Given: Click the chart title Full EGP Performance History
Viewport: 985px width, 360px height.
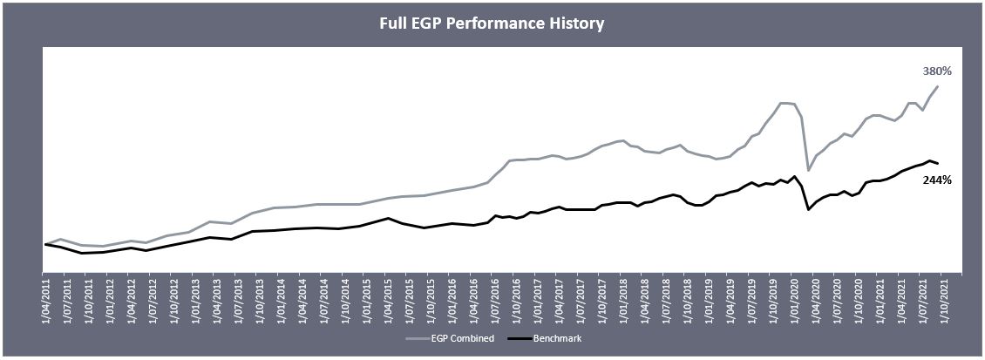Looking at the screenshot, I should [x=492, y=24].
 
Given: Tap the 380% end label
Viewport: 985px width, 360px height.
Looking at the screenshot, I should [x=936, y=71].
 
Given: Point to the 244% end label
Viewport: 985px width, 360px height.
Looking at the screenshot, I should [x=936, y=180].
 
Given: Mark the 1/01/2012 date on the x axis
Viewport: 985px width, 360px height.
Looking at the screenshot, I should [x=110, y=301].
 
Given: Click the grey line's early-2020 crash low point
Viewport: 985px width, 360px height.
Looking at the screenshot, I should [x=809, y=170].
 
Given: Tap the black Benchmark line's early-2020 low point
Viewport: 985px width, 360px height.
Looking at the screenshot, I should [x=809, y=209].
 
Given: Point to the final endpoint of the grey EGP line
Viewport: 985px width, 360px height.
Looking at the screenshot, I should [x=938, y=86].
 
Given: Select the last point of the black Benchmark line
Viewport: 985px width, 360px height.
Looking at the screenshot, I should [x=938, y=164].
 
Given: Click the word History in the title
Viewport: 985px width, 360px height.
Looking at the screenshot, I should [x=574, y=24].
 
